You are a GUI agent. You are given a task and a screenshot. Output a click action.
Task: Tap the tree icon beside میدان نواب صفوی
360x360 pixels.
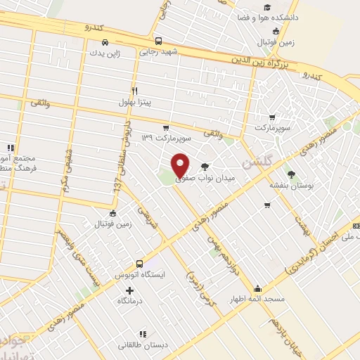[x=205, y=166]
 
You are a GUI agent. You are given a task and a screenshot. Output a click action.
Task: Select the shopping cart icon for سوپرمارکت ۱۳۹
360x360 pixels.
[x=165, y=128]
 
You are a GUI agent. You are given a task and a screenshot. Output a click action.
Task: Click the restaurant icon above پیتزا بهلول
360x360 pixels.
[x=134, y=91]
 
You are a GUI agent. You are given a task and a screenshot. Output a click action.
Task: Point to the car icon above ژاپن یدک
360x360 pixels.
[x=104, y=41]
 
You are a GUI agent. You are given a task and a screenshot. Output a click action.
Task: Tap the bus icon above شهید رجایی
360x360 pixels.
[x=159, y=41]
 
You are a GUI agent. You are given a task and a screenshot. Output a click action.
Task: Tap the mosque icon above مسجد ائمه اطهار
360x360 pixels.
[x=257, y=288]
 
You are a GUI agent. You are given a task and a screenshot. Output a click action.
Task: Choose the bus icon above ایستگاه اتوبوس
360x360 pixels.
[x=139, y=263]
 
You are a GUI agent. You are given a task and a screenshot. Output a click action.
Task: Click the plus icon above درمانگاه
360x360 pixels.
[x=129, y=290]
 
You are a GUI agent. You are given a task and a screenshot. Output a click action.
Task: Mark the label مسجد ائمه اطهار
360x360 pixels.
[x=257, y=299]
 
